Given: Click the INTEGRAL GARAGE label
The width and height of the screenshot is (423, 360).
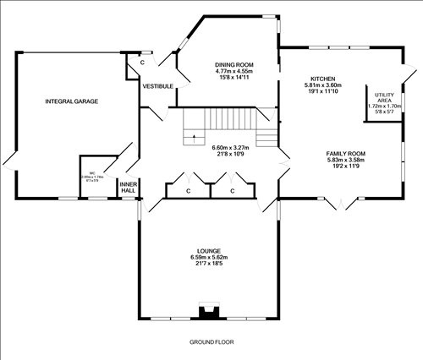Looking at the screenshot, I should pos(72,101).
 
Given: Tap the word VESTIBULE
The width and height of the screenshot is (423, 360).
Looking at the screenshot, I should pos(158,86).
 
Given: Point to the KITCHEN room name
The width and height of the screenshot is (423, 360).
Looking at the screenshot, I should pos(322,77).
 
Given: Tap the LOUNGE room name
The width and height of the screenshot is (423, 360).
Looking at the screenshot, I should pos(209,251).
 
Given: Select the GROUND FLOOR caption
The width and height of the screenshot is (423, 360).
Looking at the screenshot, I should pos(211,341).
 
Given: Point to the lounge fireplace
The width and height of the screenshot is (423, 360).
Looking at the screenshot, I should pos(208,312).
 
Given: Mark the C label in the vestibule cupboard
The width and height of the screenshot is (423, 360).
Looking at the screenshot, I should pos(142,63).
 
